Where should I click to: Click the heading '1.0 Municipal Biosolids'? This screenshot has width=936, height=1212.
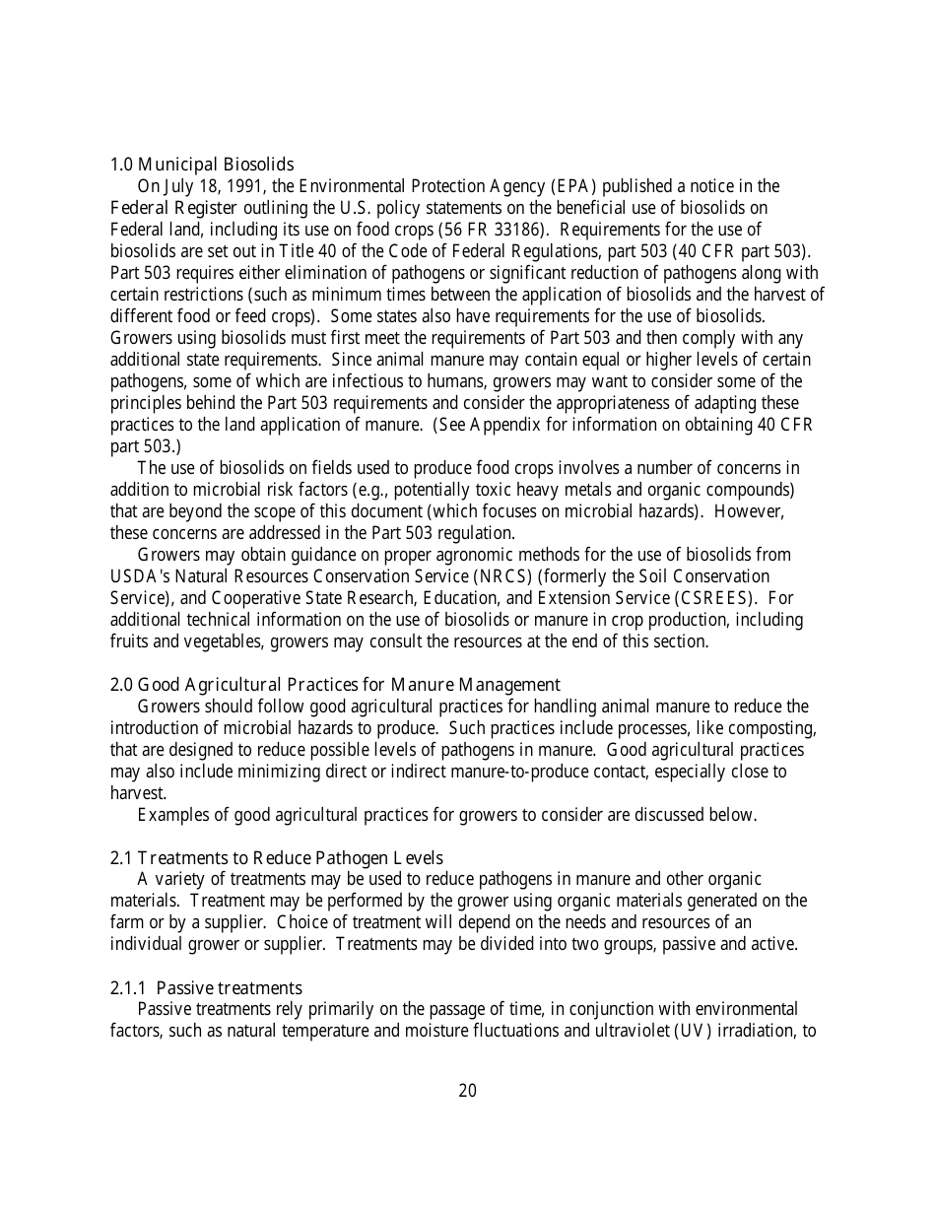pos(201,165)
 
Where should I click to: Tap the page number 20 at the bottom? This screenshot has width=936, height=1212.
pos(468,1091)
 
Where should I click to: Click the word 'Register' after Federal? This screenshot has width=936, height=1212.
pos(206,208)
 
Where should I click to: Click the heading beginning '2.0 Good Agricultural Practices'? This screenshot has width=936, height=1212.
pos(335,685)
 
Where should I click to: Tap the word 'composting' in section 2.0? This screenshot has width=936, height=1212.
pos(774,728)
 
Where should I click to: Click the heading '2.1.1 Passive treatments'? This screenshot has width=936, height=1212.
pos(206,988)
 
